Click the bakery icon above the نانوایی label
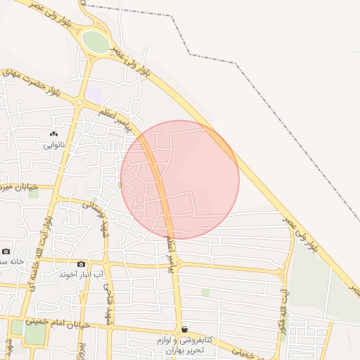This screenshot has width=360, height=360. (53, 134)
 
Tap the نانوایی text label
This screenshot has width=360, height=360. (53, 146)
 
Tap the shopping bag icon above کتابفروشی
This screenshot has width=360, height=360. (184, 329)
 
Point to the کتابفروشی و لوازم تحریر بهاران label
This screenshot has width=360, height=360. (184, 345)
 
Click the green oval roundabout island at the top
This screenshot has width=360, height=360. (95, 41)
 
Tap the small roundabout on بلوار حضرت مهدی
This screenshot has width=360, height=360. (79, 103)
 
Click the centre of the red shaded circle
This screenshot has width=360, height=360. (180, 179)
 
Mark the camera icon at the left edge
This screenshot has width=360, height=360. (6, 251)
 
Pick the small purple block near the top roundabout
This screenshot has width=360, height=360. (94, 94)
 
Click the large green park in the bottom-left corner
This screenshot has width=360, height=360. (34, 333)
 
